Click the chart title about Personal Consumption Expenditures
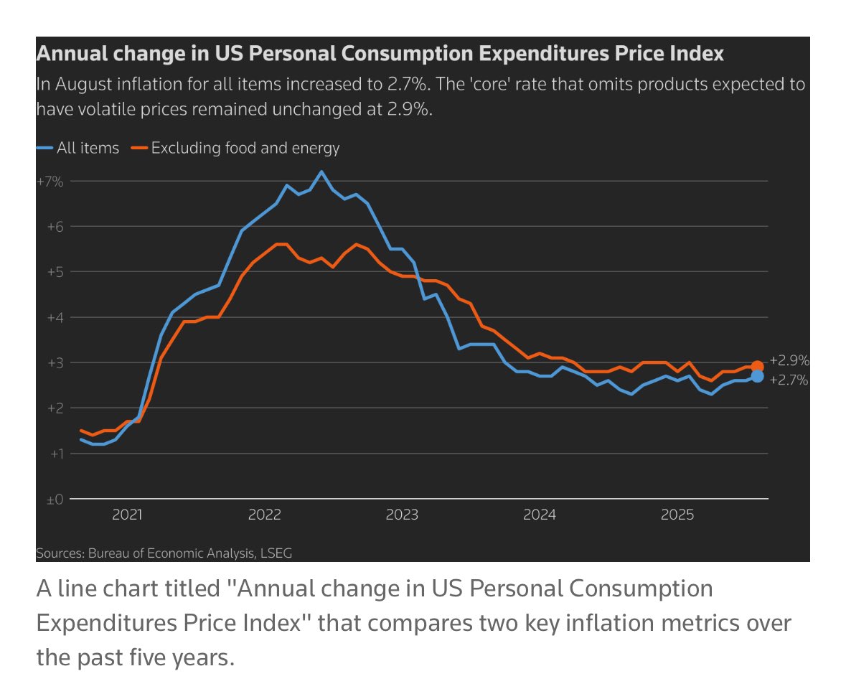(380, 54)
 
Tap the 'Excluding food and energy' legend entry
(237, 149)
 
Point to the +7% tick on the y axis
(50, 182)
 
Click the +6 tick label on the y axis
(54, 227)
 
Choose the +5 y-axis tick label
(54, 272)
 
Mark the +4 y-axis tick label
(54, 317)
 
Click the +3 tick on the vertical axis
(54, 362)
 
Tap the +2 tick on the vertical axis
(54, 408)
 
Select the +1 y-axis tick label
(54, 454)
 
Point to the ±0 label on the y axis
(54, 499)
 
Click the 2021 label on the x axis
(128, 515)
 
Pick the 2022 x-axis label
(265, 515)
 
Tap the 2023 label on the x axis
(402, 515)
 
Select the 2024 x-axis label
(539, 515)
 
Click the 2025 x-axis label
(676, 515)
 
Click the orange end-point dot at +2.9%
(757, 367)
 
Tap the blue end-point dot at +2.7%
(757, 376)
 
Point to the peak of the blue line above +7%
(321, 172)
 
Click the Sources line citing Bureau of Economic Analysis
(164, 553)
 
